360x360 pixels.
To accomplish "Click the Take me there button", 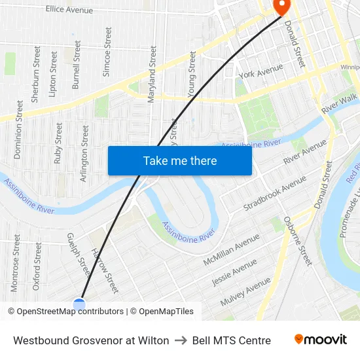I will (179, 161).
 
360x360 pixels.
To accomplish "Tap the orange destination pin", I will (282, 7).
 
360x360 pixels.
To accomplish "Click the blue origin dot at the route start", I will (79, 304).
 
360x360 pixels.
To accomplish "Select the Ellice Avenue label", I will (69, 10).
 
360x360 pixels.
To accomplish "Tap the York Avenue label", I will (261, 71).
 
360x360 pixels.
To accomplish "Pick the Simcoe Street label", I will (108, 52).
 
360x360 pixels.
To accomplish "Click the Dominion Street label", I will (19, 129).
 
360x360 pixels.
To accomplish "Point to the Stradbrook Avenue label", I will (275, 192).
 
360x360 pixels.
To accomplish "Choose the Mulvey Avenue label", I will (245, 291).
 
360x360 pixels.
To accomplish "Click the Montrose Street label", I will (15, 264).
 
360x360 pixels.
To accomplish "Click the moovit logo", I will (320, 340).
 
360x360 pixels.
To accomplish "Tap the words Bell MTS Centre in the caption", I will (231, 340).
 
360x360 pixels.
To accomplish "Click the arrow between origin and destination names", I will (181, 340).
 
